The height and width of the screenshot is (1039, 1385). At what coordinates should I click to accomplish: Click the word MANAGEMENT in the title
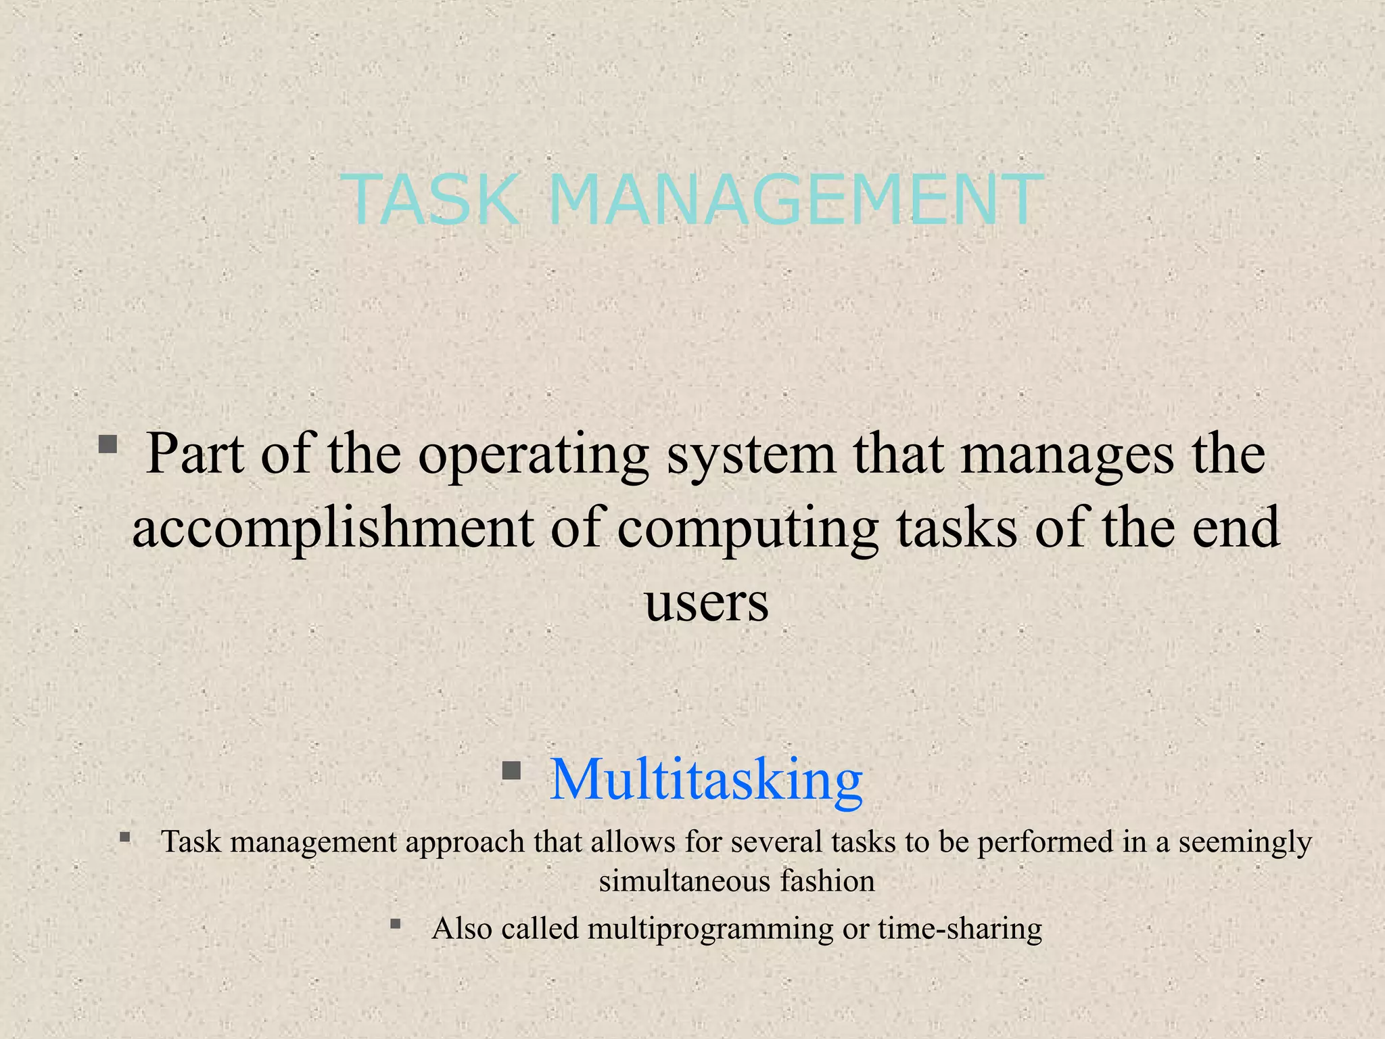point(795,200)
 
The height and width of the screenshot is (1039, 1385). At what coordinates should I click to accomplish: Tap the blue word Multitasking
point(706,780)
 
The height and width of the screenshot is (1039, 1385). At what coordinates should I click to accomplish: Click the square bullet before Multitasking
point(511,770)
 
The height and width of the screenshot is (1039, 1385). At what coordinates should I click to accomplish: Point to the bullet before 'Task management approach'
point(124,837)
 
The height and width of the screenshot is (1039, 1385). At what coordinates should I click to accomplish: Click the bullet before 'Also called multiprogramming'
point(396,923)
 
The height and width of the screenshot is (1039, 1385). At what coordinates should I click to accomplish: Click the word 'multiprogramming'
point(711,929)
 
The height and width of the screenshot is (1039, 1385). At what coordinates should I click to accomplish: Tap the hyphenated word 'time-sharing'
point(960,928)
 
